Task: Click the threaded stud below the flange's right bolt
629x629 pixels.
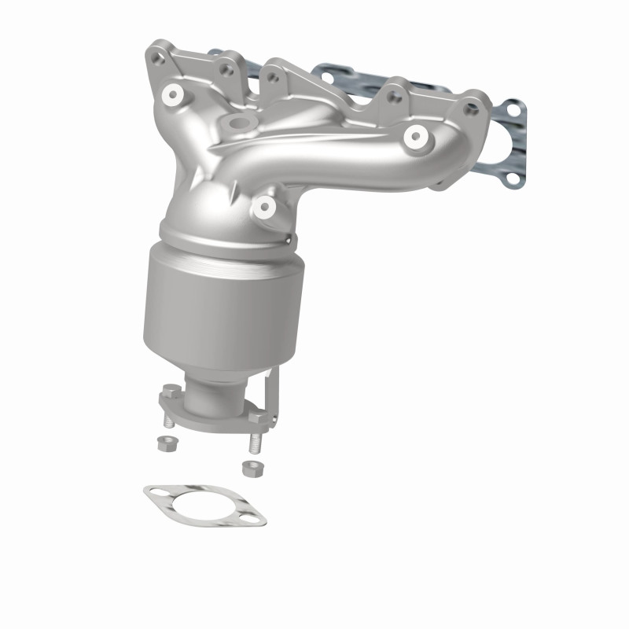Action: point(254,442)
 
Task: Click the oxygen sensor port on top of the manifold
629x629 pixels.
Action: point(235,123)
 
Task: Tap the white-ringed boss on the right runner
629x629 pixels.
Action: point(414,137)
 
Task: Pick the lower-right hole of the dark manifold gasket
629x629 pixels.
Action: point(513,178)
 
